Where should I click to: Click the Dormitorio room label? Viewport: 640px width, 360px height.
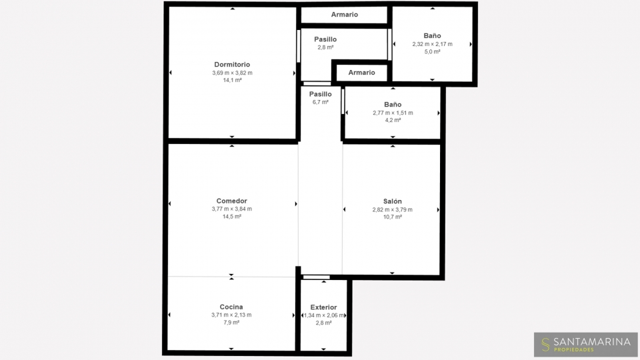click(x=232, y=65)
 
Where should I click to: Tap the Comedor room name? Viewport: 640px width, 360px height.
click(x=232, y=201)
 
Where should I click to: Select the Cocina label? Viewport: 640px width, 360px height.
click(x=231, y=307)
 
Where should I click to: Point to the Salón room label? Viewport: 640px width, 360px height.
click(x=392, y=201)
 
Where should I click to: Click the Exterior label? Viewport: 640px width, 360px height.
click(x=324, y=307)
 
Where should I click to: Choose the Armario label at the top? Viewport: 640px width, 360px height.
click(x=345, y=14)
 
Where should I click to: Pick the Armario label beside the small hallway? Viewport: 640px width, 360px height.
click(x=361, y=73)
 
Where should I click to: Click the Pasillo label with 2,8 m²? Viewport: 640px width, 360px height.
click(x=325, y=39)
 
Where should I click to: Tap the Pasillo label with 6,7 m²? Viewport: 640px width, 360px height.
click(x=321, y=94)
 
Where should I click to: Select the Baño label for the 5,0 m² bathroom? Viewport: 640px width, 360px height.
click(x=432, y=36)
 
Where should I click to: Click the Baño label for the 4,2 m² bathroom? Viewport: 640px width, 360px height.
click(x=393, y=105)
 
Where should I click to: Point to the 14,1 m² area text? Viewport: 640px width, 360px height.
click(x=232, y=81)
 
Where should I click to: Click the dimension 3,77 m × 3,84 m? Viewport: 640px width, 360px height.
click(x=232, y=209)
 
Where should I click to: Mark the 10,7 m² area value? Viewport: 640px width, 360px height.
click(x=392, y=217)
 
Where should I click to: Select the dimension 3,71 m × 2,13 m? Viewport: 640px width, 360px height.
click(x=231, y=315)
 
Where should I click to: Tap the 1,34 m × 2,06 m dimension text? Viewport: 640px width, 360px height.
click(x=324, y=315)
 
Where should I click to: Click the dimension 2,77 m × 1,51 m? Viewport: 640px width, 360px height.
click(x=393, y=113)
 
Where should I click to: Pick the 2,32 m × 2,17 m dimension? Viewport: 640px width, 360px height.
click(x=432, y=44)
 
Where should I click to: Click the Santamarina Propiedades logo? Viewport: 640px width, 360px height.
click(x=586, y=345)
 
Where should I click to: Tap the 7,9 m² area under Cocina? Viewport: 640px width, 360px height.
click(x=231, y=323)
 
